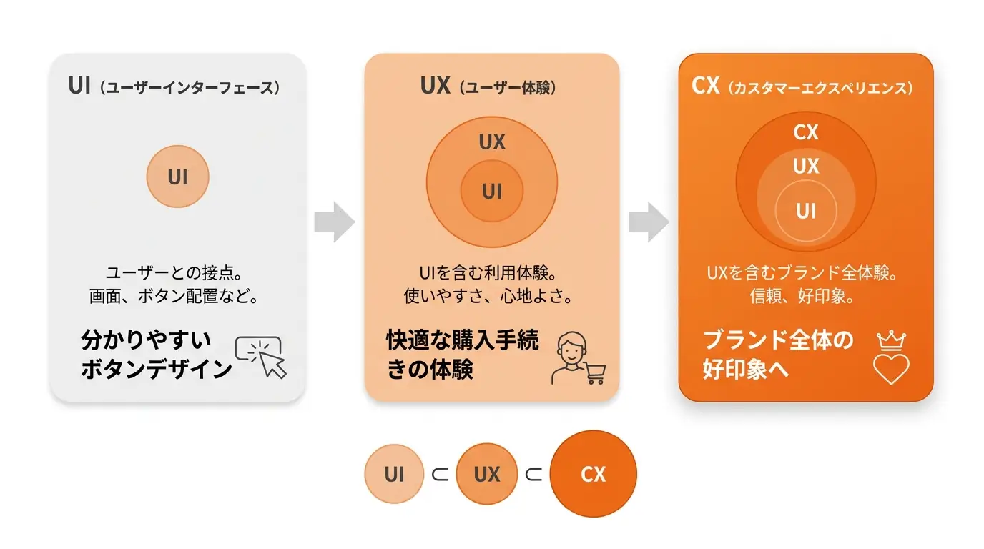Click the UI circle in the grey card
177,177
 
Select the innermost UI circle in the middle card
491,191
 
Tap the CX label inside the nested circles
806,132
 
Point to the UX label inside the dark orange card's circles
806,167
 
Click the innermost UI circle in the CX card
806,211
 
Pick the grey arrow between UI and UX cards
334,222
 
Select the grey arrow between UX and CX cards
649,222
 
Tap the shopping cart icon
595,373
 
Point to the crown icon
891,341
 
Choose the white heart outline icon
891,370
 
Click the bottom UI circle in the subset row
394,474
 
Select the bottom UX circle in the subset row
487,474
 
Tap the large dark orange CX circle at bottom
593,474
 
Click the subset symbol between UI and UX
440,475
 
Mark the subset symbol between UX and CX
533,475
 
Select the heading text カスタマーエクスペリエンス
820,88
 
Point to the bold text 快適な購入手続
463,340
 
